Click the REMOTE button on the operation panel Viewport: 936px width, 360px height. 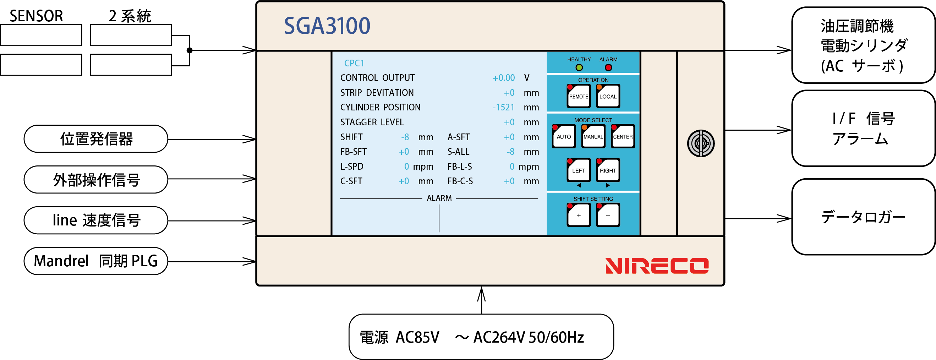pos(579,96)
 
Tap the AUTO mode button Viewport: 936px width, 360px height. pos(564,137)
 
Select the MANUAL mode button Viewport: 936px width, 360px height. pos(593,137)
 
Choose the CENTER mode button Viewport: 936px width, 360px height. pos(623,137)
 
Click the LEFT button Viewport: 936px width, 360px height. pos(579,170)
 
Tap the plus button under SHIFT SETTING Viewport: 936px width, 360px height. pos(579,215)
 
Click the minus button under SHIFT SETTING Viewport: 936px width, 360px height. pos(608,215)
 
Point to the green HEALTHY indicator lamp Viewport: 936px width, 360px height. pos(579,67)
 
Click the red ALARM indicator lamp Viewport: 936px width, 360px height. pos(608,67)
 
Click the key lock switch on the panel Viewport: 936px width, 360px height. pos(701,143)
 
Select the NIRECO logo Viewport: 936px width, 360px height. pos(657,266)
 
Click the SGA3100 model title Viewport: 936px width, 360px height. pos(327,26)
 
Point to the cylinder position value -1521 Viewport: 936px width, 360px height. pos(503,108)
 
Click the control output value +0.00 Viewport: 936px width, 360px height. pos(503,78)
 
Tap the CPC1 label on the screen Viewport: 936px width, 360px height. pos(354,63)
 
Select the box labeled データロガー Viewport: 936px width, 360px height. pos(863,217)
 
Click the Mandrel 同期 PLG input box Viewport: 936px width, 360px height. pos(96,261)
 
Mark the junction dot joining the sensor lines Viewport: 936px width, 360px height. pos(189,50)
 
